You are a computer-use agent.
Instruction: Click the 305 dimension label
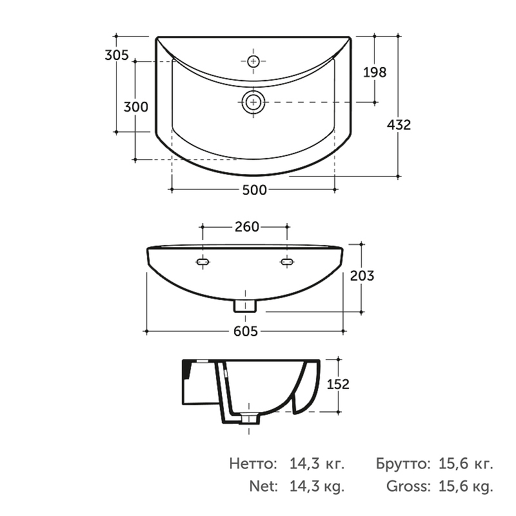[117, 55]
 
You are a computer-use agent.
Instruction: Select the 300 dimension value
[135, 107]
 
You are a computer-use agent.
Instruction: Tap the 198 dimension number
[375, 72]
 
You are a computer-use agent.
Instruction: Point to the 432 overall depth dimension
[399, 124]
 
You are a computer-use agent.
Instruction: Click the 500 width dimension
[254, 190]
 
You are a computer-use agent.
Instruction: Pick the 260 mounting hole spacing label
[247, 227]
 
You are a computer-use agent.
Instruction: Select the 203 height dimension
[362, 276]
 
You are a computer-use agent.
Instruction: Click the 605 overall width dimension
[246, 331]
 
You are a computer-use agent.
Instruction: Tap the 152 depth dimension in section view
[338, 384]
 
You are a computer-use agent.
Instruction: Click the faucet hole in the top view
[253, 61]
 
